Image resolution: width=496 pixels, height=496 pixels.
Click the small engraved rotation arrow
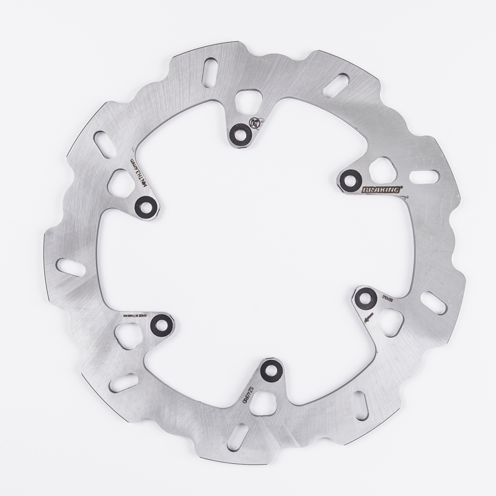pos(370,318)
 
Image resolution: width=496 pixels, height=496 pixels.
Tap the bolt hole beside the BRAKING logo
pos(351,179)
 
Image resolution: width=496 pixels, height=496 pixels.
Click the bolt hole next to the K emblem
pos(239,132)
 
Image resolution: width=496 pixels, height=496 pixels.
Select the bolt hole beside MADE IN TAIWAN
pos(162,324)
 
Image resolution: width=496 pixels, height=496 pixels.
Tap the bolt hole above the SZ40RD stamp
pos(271,371)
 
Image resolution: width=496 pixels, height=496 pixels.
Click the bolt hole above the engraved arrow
pos(366,299)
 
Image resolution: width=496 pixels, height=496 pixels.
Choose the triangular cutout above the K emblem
pos(249,101)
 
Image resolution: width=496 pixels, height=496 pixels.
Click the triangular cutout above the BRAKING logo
pos(381,168)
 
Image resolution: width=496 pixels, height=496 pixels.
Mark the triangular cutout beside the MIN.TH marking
pos(121,183)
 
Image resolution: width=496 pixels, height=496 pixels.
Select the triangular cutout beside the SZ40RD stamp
pos(263,402)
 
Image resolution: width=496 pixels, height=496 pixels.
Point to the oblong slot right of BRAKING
pos(424,177)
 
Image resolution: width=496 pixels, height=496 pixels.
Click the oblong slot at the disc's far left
pos(71,267)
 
